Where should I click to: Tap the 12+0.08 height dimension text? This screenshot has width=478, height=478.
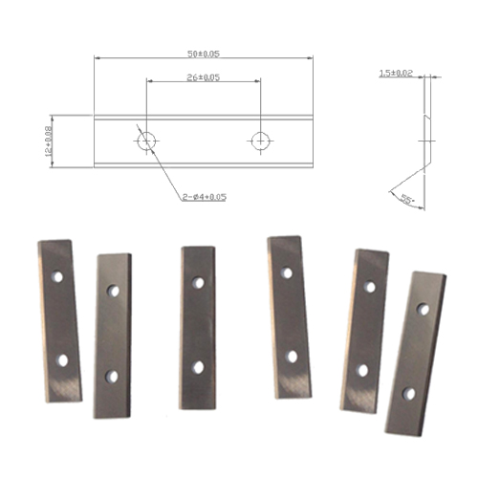pos(47,138)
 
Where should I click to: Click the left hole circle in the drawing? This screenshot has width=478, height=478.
pos(146,140)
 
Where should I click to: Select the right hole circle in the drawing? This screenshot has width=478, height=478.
pos(259,140)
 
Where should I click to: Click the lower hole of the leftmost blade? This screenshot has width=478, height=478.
pos(63,360)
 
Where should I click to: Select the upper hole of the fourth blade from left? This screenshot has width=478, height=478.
pos(286,273)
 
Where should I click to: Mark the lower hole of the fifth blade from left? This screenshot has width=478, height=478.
pos(362,370)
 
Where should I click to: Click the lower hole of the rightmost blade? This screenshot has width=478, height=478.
pos(409,392)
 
